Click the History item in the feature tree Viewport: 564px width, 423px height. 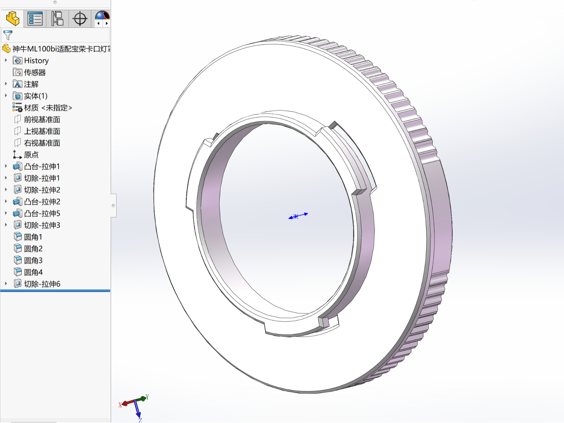[x=36, y=61]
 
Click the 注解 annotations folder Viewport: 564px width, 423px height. [x=31, y=84]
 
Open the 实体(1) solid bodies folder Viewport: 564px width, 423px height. [x=35, y=96]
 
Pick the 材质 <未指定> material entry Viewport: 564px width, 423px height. [x=48, y=108]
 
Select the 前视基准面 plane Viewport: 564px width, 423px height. [x=42, y=119]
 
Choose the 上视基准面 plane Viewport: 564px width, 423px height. [x=42, y=131]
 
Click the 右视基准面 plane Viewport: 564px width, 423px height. [x=42, y=143]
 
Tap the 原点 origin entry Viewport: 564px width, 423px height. [x=31, y=155]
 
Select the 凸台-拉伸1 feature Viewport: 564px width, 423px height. [x=42, y=167]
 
